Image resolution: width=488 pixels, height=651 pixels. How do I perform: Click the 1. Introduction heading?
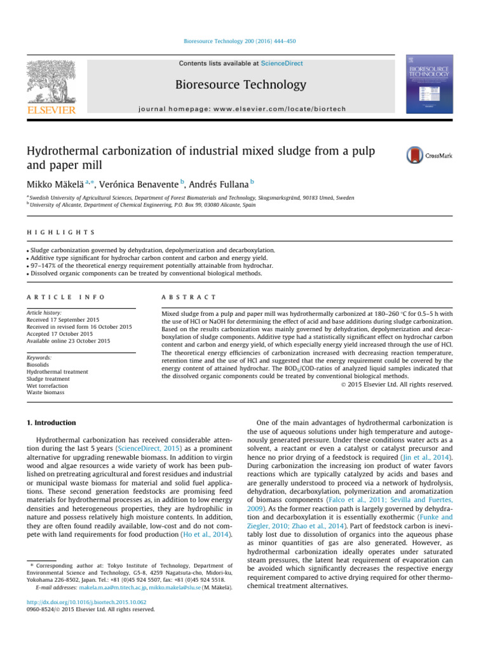51,423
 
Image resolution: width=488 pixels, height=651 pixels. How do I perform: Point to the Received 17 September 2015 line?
63,302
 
